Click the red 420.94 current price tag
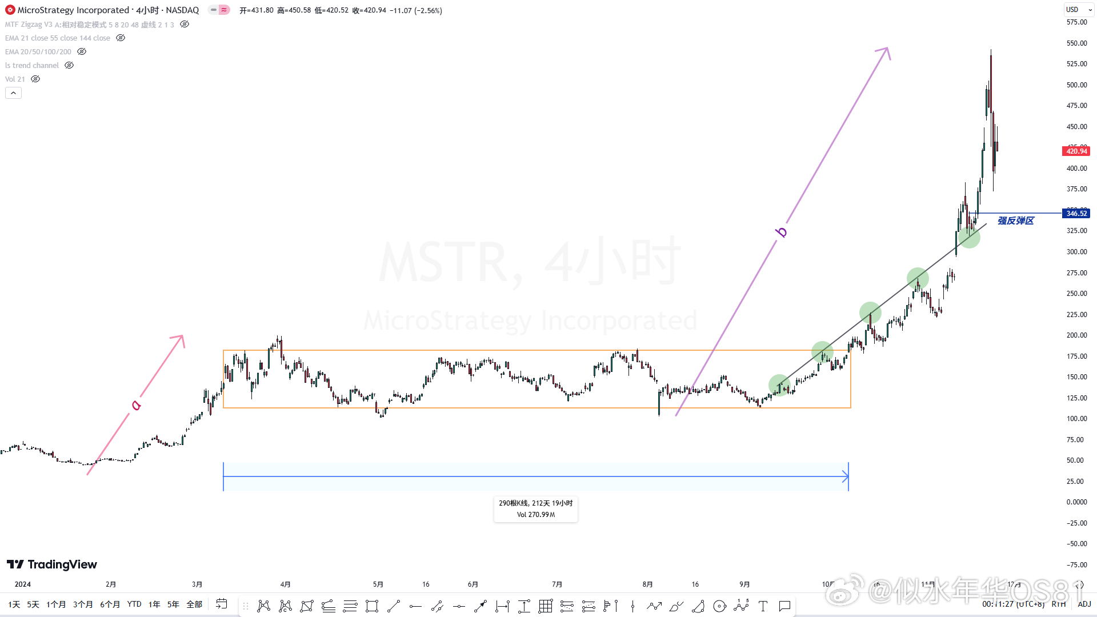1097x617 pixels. (1076, 151)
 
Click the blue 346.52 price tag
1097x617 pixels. (1076, 214)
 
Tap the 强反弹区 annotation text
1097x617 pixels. (1015, 221)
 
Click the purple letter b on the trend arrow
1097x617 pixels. (781, 232)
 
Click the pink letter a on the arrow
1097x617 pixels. (136, 405)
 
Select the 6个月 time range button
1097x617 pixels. (110, 604)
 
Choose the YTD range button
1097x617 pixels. (134, 604)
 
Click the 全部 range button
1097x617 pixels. (194, 604)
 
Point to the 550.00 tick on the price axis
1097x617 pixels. (1076, 43)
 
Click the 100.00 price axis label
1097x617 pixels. (1076, 419)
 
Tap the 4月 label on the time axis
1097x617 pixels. (285, 584)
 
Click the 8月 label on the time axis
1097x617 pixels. (647, 584)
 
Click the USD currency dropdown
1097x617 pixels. (1078, 10)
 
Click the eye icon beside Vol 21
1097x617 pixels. (35, 79)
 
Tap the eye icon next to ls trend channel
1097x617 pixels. (69, 66)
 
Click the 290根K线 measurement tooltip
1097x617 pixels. (535, 508)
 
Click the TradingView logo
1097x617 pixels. (52, 564)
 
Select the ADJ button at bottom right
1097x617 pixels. (1084, 604)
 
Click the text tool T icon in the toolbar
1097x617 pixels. (763, 606)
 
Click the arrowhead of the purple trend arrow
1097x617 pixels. (886, 51)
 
